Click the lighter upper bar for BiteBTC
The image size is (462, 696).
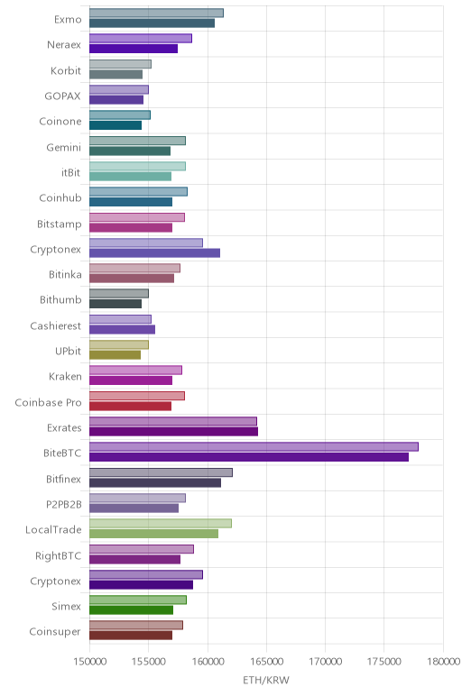pos(254,446)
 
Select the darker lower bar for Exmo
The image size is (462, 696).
pos(152,23)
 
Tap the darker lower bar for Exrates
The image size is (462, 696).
pos(173,432)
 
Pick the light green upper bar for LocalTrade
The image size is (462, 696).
pos(161,523)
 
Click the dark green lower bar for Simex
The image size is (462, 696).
pos(131,610)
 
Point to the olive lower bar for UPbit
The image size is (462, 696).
pos(115,355)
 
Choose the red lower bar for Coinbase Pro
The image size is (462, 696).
pos(130,406)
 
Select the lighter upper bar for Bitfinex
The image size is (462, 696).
pos(161,472)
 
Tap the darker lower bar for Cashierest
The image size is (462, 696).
pos(122,329)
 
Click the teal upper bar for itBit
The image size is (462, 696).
pos(137,166)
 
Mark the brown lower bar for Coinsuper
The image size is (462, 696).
pos(131,636)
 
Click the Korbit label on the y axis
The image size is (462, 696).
pos(66,70)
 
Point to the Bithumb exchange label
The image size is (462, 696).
pos(60,300)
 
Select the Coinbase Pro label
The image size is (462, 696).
pos(49,402)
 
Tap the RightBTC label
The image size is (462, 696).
pos(58,555)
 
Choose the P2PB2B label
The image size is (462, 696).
pos(64,504)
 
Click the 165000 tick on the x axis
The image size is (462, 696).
pos(266,662)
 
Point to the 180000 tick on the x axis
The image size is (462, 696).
pos(443,662)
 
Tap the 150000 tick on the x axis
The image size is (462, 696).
pos(89,662)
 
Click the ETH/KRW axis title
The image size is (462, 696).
pos(266,680)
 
